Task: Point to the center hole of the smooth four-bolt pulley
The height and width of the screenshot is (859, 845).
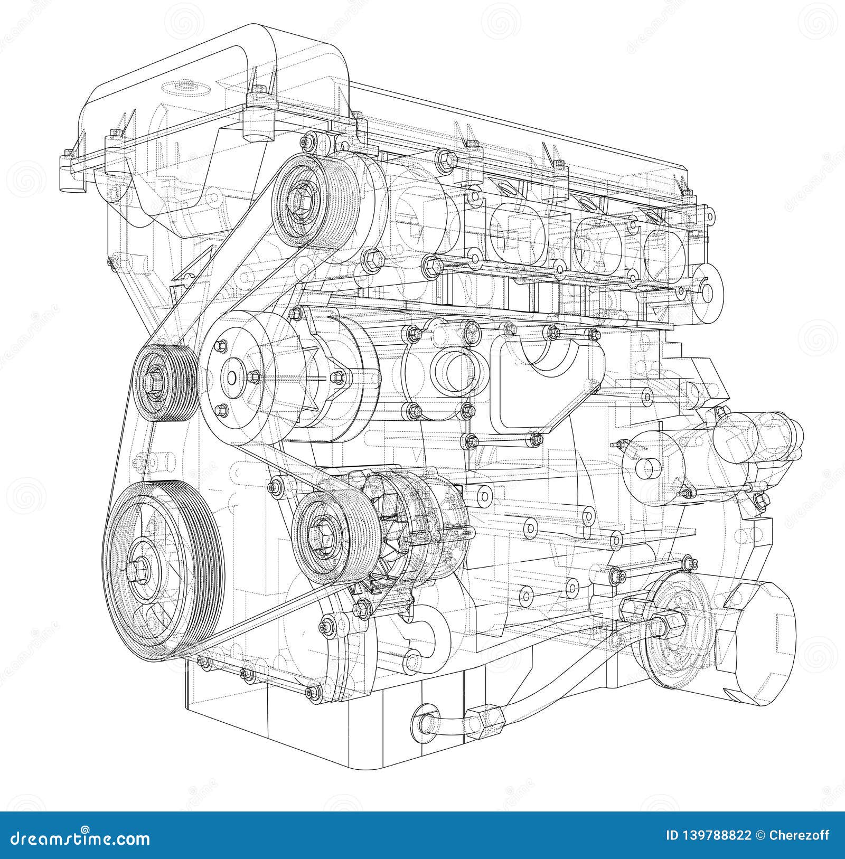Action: (231, 378)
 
